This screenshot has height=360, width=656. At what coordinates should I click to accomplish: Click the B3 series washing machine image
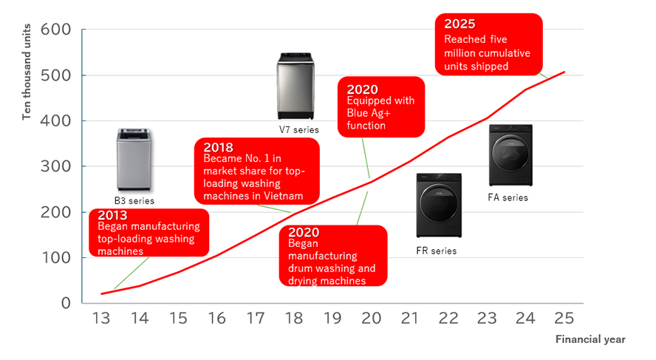coord(134,159)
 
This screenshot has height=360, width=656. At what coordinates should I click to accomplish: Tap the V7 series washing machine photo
coord(299,86)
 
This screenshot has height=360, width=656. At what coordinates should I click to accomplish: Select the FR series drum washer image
coord(439,205)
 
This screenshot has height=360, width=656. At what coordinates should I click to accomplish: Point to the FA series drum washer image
coord(510,155)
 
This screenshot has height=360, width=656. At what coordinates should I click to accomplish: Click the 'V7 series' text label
coord(298,130)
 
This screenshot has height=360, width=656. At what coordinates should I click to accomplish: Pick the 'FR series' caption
coord(436,251)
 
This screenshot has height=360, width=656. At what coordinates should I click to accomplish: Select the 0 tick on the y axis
coord(65,303)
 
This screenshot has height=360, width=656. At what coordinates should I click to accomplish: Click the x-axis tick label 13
coord(101,318)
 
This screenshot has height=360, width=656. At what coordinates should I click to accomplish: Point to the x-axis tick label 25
coord(565,318)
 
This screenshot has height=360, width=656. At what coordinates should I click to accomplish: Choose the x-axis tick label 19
coord(333,318)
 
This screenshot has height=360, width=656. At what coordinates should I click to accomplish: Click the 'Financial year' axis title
coord(590,339)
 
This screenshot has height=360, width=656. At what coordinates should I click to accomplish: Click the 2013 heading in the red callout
coord(112,215)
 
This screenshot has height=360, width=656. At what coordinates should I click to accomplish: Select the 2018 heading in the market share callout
coord(218,146)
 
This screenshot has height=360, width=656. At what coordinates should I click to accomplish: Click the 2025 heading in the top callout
coord(459,24)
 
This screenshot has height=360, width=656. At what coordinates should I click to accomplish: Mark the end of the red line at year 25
coord(565,72)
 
